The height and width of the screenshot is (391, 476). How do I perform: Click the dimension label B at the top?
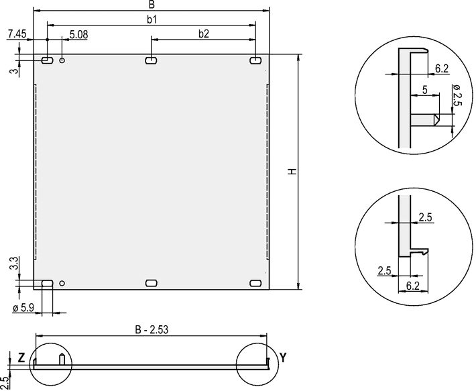pyautogui.click(x=152, y=5)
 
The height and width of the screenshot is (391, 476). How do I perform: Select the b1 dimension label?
pyautogui.click(x=152, y=19)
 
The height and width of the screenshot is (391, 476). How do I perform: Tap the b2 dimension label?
pyautogui.click(x=204, y=34)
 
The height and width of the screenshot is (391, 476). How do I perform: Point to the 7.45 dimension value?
pyautogui.click(x=17, y=34)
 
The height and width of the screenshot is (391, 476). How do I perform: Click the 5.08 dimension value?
pyautogui.click(x=78, y=35)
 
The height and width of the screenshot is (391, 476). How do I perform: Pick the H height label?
pyautogui.click(x=292, y=172)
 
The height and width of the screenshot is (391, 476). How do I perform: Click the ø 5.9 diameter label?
pyautogui.click(x=23, y=308)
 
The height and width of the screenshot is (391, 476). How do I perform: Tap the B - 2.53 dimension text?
pyautogui.click(x=152, y=330)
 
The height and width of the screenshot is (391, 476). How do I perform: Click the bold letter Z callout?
pyautogui.click(x=21, y=358)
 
